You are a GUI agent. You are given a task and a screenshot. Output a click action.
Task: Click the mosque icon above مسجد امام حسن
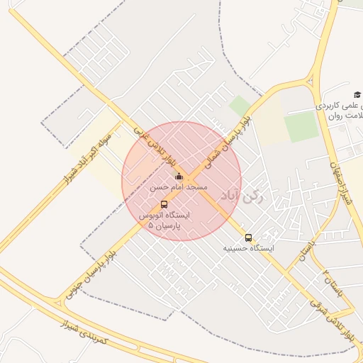pos(179,177)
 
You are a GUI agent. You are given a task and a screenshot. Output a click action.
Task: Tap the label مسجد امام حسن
pos(179,187)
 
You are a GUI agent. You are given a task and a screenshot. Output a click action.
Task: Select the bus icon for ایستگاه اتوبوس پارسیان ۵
pos(164,204)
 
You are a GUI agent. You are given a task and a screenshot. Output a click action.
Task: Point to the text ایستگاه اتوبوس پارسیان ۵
pos(160,218)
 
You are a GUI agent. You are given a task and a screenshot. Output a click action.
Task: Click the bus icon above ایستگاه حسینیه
pos(248,238)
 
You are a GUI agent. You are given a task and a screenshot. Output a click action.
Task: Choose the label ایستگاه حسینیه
pos(248,249)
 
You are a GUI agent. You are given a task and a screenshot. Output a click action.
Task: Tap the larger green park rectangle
pos(302,128)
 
